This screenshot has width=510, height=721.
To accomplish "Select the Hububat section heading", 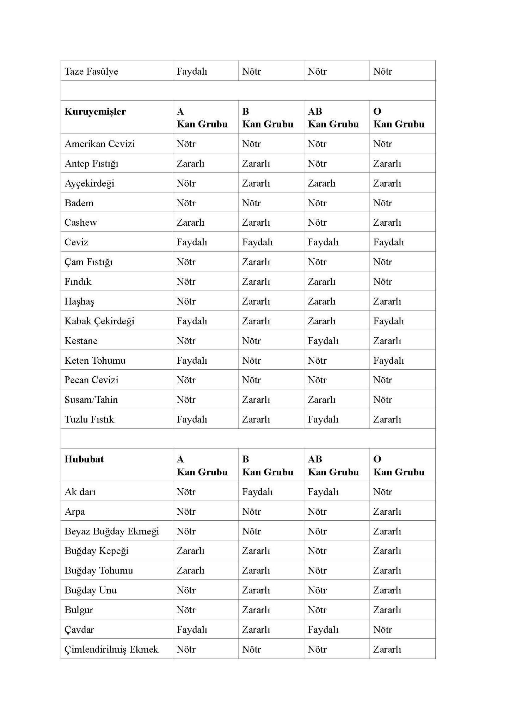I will coord(84,459).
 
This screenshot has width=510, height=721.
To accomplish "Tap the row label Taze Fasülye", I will coord(91,71).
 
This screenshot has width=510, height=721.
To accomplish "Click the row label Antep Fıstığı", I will coord(91,164).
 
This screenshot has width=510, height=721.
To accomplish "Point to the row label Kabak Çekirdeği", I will coord(99,321).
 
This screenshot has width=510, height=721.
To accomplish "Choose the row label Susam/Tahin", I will coord(91,400).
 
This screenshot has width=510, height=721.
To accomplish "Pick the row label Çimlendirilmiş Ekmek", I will coord(111,649).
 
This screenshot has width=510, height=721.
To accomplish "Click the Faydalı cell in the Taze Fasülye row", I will coord(192,71).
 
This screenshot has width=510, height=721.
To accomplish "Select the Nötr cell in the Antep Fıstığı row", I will coord(317,164).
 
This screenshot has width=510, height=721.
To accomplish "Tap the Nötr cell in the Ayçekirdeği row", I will coord(186,183).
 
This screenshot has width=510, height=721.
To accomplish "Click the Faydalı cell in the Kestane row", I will coord(323,341).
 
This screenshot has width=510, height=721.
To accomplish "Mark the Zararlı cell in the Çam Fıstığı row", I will coord(256,262).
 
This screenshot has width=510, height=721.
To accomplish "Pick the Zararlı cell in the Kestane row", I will coord(387,341).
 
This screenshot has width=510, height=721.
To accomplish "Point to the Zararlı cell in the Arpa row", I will coord(387,512).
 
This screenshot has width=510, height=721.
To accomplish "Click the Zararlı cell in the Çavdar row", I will coord(256,629).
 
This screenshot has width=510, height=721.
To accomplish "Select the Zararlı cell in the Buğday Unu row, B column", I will coord(256,590).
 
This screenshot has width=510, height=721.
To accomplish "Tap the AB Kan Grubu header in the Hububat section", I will coord(333,465).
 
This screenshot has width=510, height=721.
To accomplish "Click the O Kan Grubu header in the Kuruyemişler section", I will coord(399,118).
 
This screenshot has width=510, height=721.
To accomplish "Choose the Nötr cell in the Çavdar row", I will coord(382,629).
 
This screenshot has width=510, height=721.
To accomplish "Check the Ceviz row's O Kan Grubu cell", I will coord(388,242).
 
